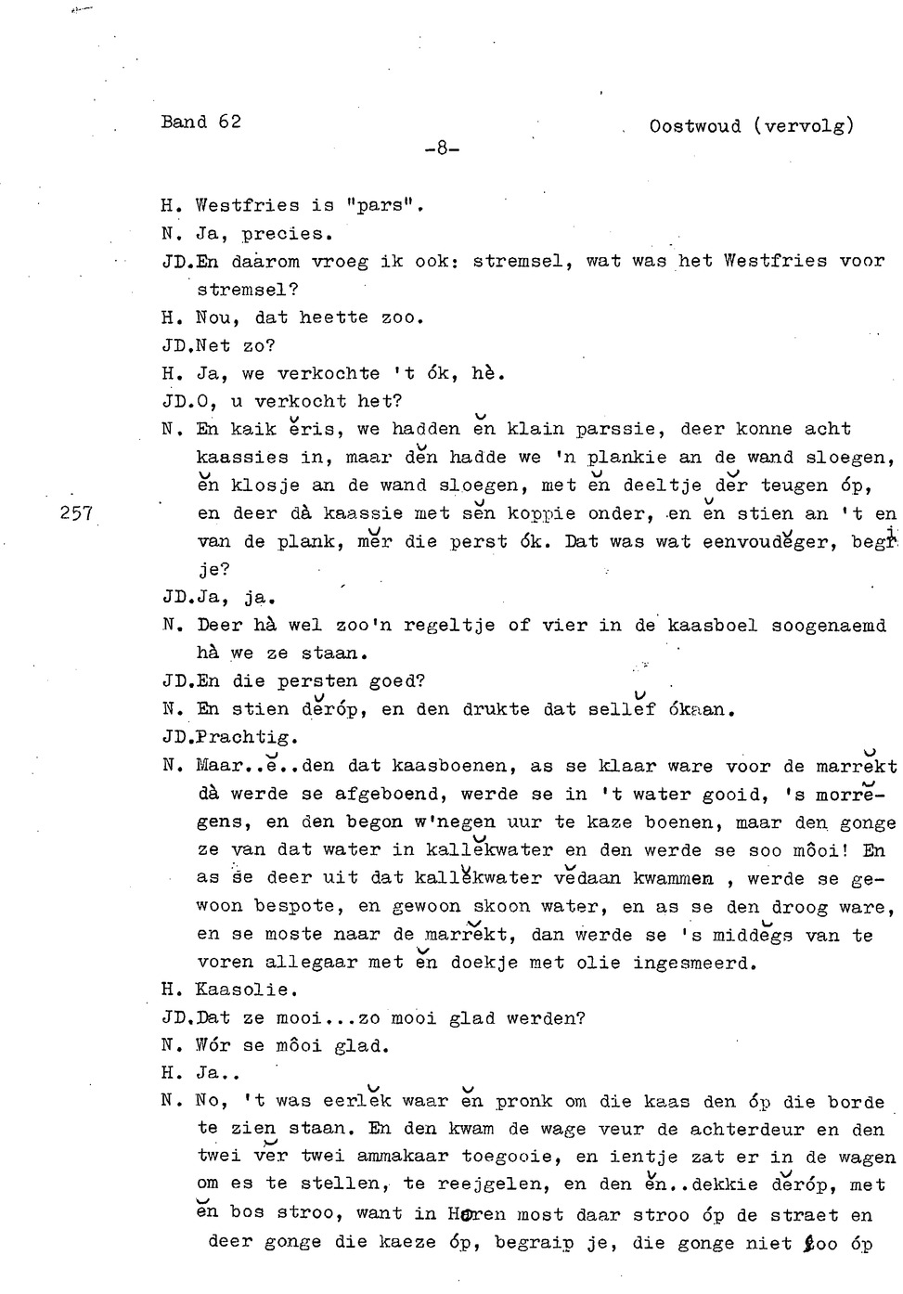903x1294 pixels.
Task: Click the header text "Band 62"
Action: coord(200,122)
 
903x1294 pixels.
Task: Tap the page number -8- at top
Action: coord(442,149)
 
